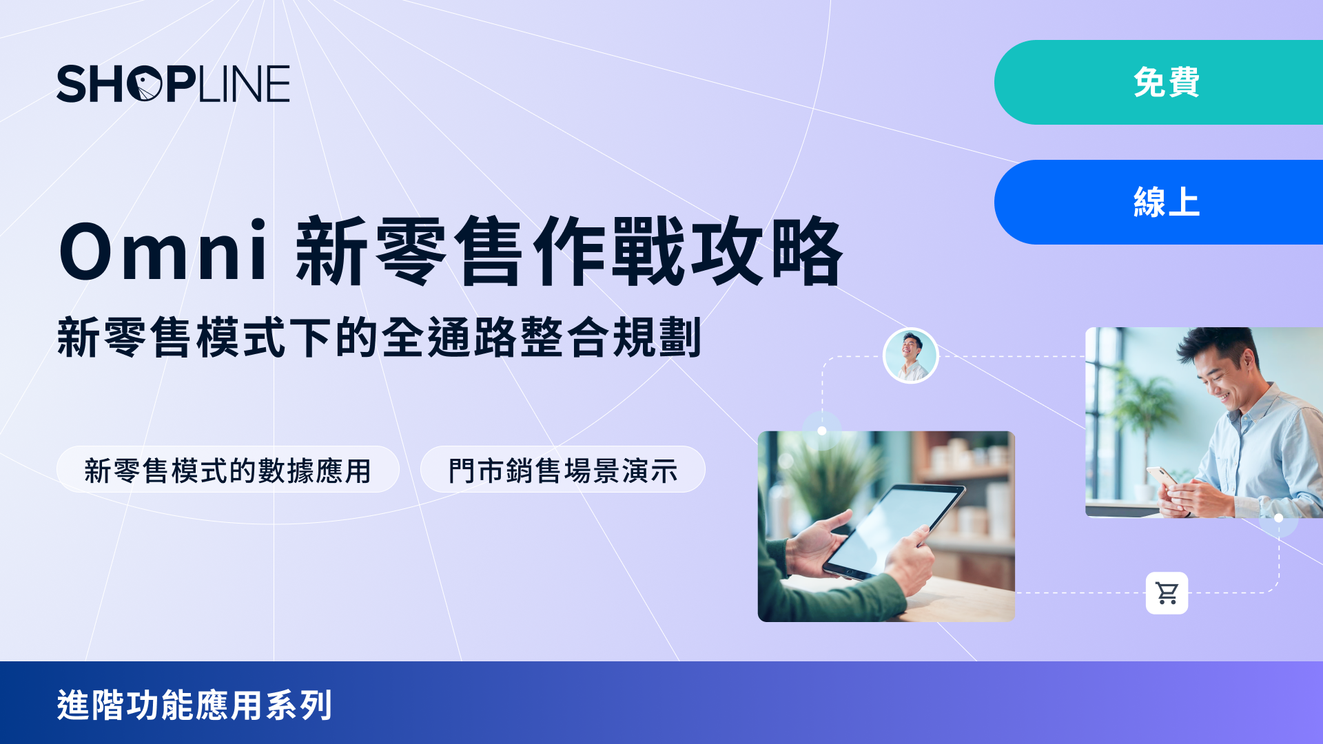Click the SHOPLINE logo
173,84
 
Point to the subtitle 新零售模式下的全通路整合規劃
379,338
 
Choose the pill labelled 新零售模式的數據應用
228,469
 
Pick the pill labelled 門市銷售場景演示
563,469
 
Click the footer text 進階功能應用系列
194,705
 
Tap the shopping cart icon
1167,593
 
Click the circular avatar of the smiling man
911,355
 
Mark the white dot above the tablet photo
822,431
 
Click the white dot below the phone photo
1279,518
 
